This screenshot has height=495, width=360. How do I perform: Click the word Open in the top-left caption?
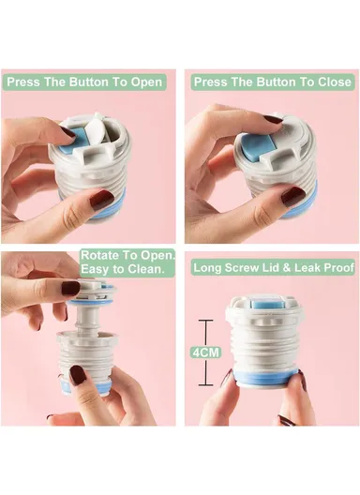point(146,82)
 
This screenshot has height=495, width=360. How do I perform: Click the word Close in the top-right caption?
point(335,82)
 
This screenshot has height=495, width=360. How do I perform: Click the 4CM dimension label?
point(205,352)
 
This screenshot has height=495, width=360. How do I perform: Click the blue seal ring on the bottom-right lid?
point(264,378)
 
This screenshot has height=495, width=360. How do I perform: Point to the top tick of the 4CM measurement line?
point(205,321)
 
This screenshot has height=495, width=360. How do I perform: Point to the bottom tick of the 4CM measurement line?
point(205,384)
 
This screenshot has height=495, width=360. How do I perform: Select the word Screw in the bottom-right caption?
point(239,268)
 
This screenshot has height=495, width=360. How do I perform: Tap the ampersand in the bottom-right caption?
point(287,268)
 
